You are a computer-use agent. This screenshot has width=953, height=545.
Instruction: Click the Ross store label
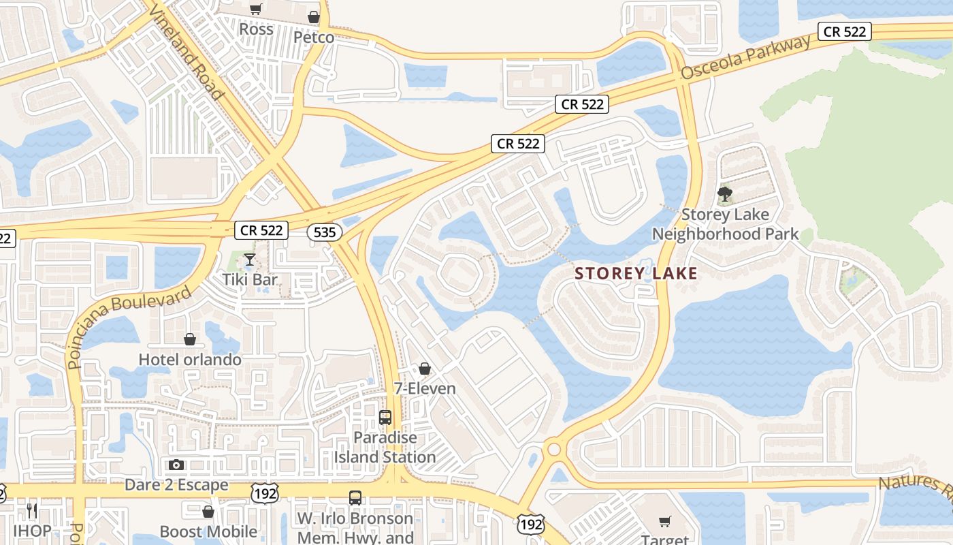[257, 29]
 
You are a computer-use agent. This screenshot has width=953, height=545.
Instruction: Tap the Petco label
[314, 37]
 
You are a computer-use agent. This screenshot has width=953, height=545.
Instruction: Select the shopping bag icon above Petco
[314, 17]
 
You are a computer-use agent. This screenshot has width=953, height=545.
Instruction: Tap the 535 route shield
[325, 232]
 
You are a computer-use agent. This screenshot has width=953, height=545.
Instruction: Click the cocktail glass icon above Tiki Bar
[250, 260]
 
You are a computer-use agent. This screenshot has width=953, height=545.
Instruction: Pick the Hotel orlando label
[190, 359]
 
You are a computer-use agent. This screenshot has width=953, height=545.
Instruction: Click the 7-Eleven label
[425, 388]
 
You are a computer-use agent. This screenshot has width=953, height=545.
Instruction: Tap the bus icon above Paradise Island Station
[385, 418]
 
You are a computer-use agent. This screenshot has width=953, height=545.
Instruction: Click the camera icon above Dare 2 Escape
[176, 465]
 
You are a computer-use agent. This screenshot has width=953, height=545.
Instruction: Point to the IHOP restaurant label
[32, 531]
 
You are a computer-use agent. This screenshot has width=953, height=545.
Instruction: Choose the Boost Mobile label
[208, 531]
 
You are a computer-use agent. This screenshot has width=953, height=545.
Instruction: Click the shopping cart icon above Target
[664, 521]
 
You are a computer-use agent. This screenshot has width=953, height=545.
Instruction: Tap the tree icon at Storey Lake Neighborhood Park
[725, 196]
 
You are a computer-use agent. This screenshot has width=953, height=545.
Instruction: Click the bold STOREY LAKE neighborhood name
[636, 274]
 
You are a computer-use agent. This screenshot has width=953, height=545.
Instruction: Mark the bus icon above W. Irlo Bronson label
[355, 498]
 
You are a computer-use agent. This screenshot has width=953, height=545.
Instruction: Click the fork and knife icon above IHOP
[32, 510]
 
